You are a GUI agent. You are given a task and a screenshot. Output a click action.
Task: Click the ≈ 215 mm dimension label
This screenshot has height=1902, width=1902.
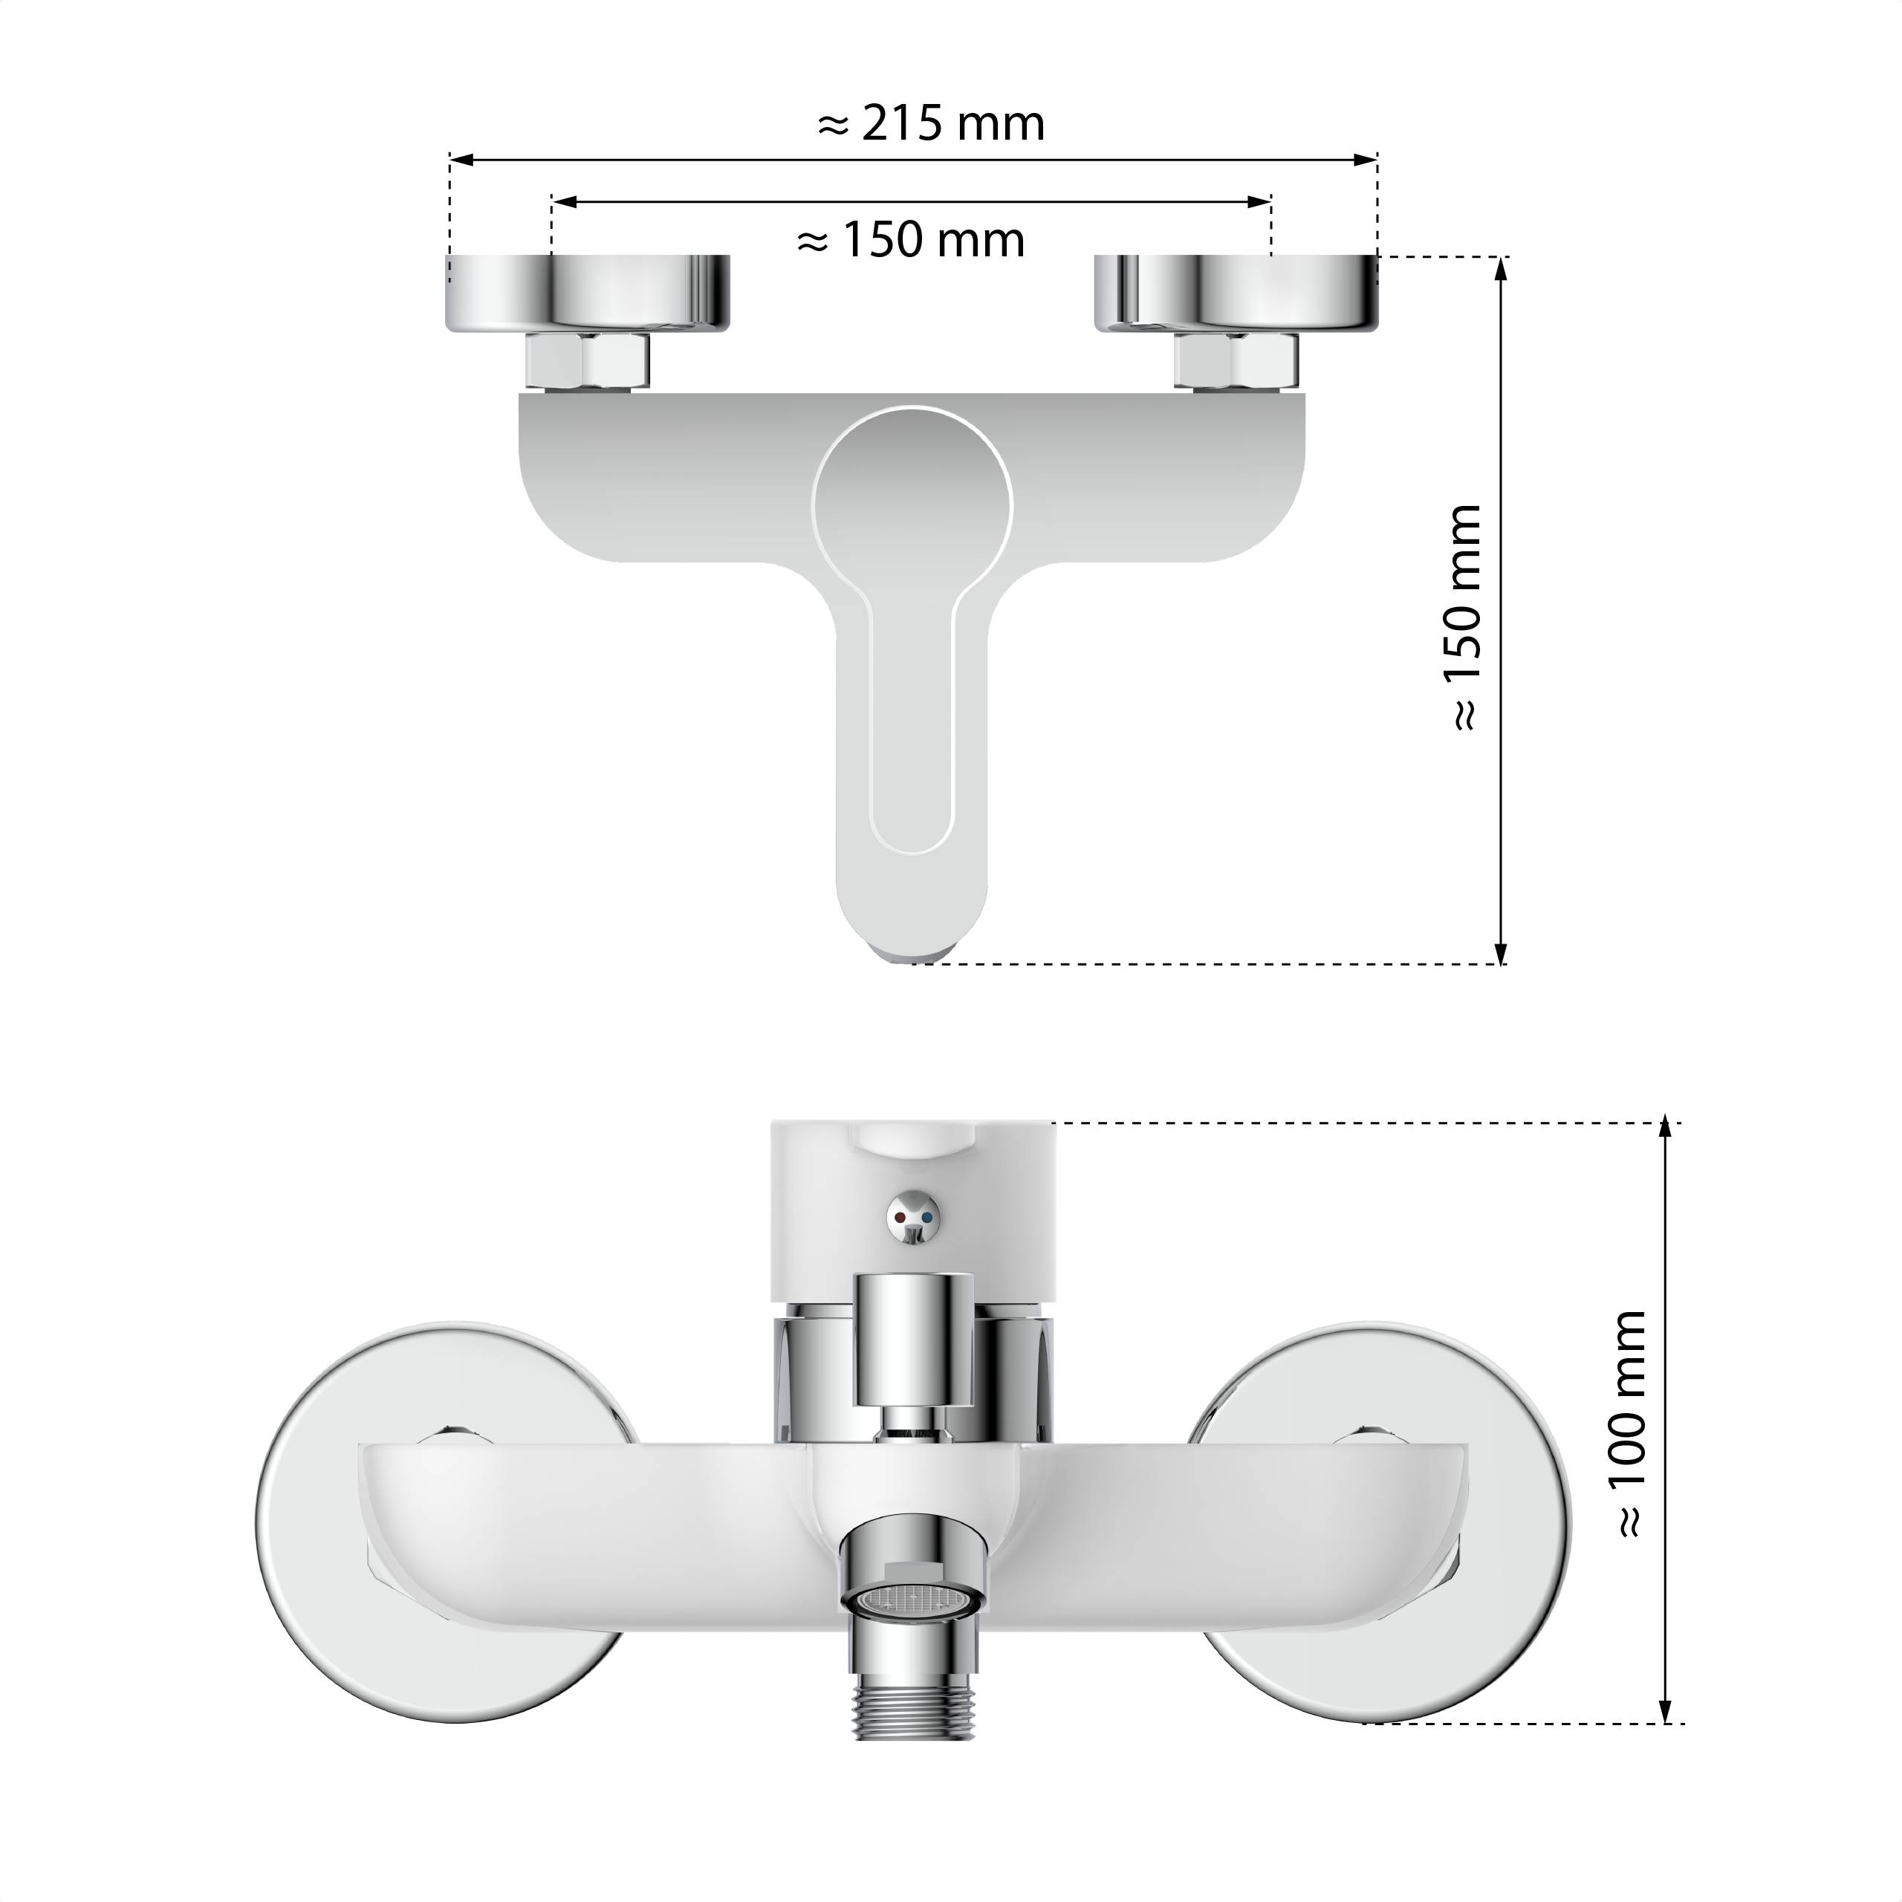pos(930,124)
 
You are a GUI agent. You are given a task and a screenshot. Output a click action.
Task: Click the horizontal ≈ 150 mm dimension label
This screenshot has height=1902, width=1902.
pos(911,240)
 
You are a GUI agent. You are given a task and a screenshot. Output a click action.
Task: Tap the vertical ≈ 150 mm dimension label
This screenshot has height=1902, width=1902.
pos(1464,617)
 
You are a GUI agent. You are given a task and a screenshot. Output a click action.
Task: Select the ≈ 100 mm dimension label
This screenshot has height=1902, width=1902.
pos(1629,1424)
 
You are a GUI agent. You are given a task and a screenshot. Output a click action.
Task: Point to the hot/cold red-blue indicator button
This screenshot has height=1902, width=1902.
pos(912,1218)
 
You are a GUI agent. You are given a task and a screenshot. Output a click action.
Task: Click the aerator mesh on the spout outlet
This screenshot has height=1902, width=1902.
pos(912,1600)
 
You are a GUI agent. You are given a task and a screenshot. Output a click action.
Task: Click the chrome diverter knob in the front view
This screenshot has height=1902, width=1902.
pos(912,1339)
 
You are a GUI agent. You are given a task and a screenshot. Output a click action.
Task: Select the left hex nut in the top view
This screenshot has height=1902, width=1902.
pos(588,360)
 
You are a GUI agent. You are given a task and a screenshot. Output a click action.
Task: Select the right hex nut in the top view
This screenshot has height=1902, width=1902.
pos(1236,360)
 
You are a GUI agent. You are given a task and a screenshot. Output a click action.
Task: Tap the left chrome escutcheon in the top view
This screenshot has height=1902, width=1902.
pos(588,293)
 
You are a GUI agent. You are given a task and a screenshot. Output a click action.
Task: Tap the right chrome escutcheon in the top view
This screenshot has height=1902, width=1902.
pos(1236,293)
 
